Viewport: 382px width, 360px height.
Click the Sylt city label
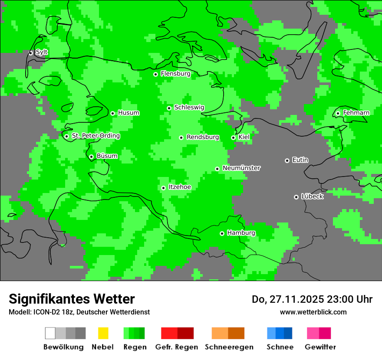pos(42,52)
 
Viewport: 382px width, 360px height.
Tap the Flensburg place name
pos(175,74)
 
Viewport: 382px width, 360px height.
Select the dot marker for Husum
pos(112,113)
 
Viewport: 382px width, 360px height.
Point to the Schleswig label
pos(189,108)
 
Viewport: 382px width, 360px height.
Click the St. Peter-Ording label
pos(95,136)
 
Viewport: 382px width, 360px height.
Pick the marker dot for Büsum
pos(91,157)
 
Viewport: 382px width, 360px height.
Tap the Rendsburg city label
pos(202,137)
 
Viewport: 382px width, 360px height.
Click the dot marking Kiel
pos(233,137)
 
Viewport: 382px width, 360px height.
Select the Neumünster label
pos(241,168)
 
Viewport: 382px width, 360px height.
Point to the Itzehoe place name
pos(179,187)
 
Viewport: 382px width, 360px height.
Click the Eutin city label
pos(300,160)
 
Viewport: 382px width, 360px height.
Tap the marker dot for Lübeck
pos(296,197)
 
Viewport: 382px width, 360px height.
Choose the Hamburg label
pos(241,233)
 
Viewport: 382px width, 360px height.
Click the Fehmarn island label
pos(356,113)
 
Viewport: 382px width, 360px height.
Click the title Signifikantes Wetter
pos(72,299)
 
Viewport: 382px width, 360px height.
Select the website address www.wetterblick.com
pos(313,312)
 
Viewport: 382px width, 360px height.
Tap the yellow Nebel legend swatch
pos(103,333)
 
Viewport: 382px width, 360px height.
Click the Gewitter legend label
pos(320,347)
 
